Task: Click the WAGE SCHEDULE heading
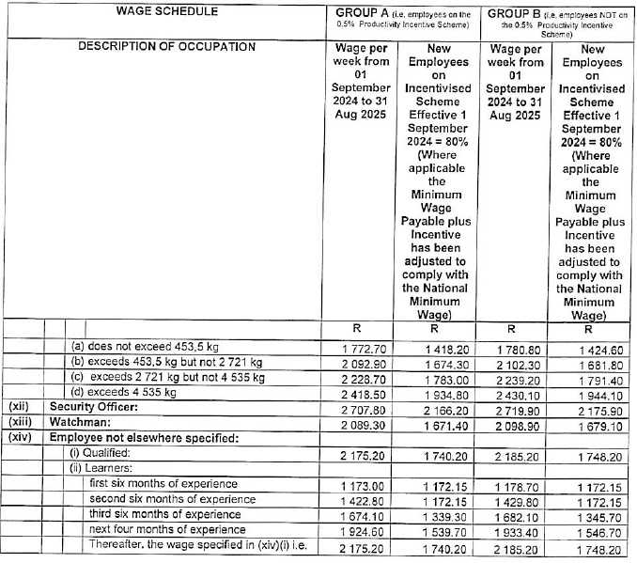pyautogui.click(x=167, y=12)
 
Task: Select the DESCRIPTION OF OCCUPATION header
pyautogui.click(x=167, y=47)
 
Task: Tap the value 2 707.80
pyautogui.click(x=359, y=408)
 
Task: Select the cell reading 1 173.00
pyautogui.click(x=359, y=485)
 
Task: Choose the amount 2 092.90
pyautogui.click(x=359, y=362)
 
